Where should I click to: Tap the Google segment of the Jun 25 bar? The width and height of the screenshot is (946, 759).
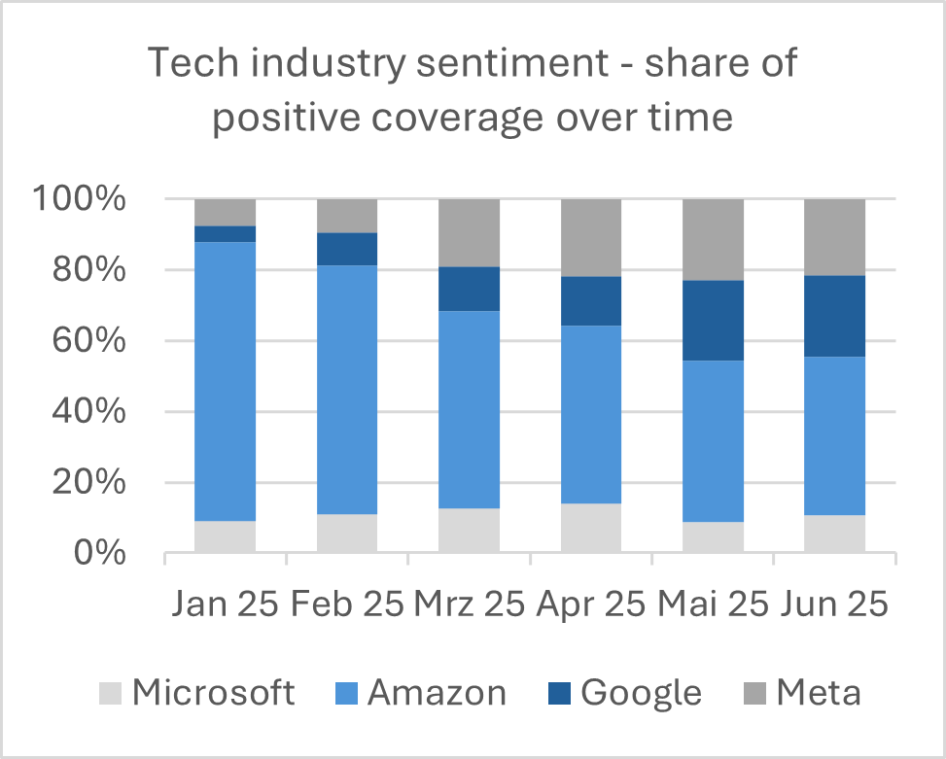tap(835, 316)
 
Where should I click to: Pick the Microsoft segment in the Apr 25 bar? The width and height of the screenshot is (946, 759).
tap(591, 528)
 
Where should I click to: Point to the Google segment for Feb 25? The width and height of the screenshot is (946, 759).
tap(347, 249)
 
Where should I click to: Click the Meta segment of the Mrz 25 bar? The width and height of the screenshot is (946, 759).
tap(470, 232)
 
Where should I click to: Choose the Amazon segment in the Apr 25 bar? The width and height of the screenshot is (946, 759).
tap(591, 414)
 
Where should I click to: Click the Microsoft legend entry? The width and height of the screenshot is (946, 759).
tap(198, 693)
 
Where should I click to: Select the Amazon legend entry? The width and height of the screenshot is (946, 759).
tap(423, 693)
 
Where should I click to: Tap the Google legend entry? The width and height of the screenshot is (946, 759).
tap(626, 693)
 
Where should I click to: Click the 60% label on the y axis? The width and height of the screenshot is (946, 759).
tap(89, 341)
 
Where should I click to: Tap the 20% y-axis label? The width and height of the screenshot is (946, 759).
tap(89, 483)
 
